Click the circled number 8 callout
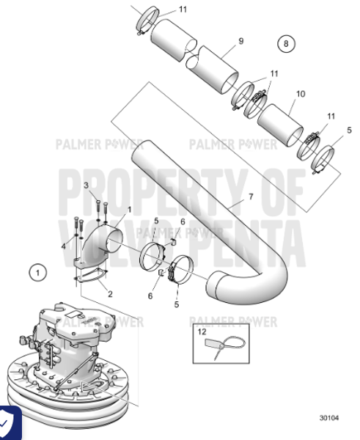point(285,43)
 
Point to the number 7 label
point(249,196)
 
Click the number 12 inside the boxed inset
point(204,332)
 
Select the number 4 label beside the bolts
point(65,246)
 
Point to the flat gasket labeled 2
point(92,278)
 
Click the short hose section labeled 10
point(281,122)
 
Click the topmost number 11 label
point(182,9)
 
